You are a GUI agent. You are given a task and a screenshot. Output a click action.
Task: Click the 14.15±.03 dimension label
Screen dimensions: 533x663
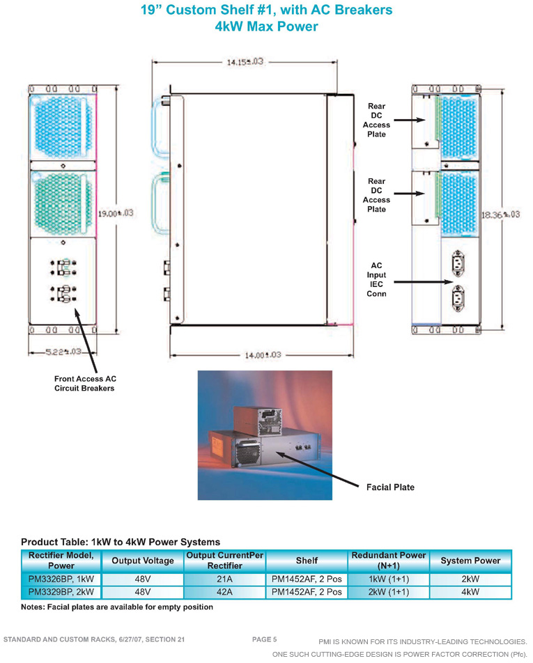245,62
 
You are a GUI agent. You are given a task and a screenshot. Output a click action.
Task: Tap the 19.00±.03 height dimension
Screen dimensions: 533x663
116,213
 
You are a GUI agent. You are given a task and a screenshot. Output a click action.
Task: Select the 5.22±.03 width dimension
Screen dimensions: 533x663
63,352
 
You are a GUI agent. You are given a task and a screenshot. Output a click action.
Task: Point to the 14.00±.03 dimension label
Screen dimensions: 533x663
263,355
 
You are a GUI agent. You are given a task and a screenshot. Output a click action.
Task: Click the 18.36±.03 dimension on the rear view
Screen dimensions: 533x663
500,214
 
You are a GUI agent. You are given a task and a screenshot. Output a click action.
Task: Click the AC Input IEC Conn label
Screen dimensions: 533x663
376,279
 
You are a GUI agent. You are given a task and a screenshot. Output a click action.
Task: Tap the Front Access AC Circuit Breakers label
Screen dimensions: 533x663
85,384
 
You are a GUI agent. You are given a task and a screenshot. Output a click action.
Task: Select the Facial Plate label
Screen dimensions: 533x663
390,487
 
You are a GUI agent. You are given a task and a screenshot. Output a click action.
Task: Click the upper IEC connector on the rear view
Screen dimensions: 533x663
458,263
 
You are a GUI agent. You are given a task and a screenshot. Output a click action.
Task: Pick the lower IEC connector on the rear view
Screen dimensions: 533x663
458,298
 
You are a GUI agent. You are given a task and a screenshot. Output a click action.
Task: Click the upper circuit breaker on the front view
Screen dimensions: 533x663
63,267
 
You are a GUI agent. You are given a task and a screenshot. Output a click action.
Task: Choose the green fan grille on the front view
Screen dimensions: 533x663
63,204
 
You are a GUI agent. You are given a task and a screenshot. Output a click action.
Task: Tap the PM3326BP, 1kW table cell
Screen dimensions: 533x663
61,579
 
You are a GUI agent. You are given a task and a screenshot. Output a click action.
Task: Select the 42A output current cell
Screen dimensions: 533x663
224,592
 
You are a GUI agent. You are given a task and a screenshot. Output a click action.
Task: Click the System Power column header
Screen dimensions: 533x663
470,561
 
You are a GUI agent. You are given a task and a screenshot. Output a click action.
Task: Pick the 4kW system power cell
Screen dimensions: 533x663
470,592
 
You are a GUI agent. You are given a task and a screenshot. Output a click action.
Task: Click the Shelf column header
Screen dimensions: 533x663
307,561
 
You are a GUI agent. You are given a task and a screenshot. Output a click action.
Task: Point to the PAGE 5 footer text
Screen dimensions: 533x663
264,639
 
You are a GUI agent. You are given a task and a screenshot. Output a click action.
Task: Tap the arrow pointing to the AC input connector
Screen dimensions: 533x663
423,282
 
